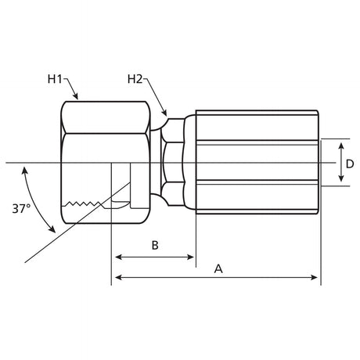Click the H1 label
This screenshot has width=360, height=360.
55,79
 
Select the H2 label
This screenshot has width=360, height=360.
135,79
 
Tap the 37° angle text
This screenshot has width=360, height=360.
21,209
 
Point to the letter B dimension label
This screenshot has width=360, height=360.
155,245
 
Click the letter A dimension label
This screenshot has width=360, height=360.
218,268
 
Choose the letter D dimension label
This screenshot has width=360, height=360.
350,164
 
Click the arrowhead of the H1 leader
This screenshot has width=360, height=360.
75,96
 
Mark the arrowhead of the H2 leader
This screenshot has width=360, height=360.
164,113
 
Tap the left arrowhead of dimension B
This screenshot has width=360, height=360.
119,257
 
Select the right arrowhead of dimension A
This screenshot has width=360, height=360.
314,277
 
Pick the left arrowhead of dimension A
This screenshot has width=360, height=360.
119,277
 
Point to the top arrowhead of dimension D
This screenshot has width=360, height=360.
341,146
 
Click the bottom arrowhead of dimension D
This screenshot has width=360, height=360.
341,178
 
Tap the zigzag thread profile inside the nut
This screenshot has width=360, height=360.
84,203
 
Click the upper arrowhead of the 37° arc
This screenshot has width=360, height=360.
25,171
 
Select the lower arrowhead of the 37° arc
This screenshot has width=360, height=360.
52,229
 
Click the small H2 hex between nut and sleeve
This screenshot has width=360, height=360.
173,162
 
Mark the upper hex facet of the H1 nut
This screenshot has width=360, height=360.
106,117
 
